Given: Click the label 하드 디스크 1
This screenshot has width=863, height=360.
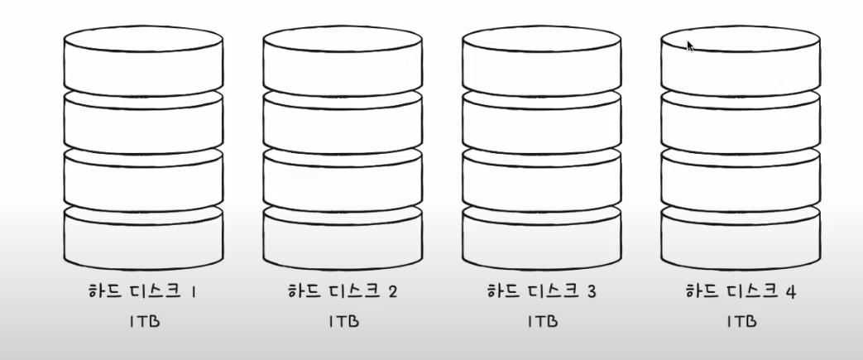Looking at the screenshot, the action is coord(143,291).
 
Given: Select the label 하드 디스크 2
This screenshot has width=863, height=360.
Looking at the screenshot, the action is coord(343,291).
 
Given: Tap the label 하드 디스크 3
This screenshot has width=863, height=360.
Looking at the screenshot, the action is coord(541,291).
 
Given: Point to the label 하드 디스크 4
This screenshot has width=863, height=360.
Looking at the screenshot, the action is coord(741,291).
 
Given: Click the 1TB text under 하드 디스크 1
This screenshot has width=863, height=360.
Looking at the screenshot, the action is coord(143,322).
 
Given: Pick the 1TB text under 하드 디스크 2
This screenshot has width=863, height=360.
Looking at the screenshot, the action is coord(343,322).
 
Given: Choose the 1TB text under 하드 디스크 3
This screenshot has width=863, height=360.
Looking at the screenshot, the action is coord(541,322).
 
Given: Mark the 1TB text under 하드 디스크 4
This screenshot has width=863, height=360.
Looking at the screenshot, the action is coord(741,322).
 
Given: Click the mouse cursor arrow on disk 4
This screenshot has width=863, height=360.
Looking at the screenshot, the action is coord(689,46).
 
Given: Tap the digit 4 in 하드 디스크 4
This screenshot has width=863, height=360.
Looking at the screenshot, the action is coord(790,291).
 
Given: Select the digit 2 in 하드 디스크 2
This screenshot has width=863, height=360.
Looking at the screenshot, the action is coord(392,291).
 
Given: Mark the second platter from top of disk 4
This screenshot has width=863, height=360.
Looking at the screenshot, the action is coord(741,124).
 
